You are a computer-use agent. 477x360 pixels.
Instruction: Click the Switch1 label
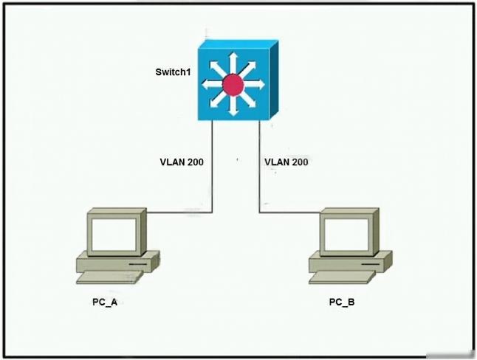click(173, 72)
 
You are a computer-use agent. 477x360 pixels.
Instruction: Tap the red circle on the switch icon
click(233, 84)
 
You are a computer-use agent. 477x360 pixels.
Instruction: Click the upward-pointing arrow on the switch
click(233, 62)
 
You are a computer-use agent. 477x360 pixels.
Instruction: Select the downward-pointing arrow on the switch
click(233, 105)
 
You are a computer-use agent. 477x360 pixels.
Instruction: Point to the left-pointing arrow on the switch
click(212, 85)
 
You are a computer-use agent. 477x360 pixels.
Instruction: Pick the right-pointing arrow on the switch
click(255, 84)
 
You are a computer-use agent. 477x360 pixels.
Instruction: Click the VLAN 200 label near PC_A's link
click(182, 162)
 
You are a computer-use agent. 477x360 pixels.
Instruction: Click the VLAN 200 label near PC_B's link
click(286, 162)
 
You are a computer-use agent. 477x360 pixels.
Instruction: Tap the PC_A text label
click(105, 302)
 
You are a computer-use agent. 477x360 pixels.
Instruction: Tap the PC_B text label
click(342, 302)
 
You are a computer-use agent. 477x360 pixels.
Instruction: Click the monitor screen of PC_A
click(114, 235)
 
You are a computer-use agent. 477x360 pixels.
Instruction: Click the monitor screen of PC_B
click(346, 234)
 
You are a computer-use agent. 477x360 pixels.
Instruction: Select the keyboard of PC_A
click(109, 277)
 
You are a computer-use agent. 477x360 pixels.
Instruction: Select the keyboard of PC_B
click(342, 277)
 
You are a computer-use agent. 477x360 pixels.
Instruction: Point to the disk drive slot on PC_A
click(137, 264)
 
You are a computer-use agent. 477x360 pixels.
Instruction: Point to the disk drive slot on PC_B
click(371, 264)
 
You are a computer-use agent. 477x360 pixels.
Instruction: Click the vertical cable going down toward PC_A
click(212, 166)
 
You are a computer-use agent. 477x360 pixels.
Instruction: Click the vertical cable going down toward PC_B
click(259, 166)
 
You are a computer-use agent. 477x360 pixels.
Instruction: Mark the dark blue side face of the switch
click(274, 79)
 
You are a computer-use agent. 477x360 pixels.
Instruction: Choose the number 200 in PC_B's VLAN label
click(298, 162)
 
